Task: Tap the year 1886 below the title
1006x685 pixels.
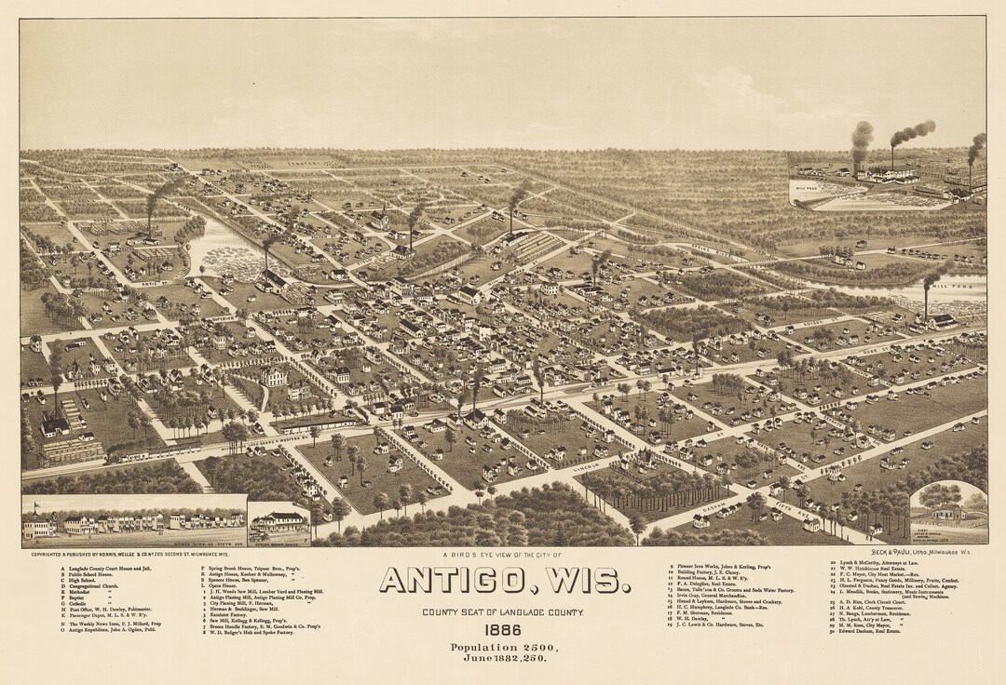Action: click(x=503, y=630)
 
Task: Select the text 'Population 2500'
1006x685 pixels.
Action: click(x=503, y=647)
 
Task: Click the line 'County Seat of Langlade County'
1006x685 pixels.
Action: click(x=503, y=611)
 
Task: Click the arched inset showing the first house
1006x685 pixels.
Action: click(x=948, y=512)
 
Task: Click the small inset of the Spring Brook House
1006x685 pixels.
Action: click(x=279, y=523)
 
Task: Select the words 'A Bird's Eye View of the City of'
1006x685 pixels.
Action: click(x=502, y=555)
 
